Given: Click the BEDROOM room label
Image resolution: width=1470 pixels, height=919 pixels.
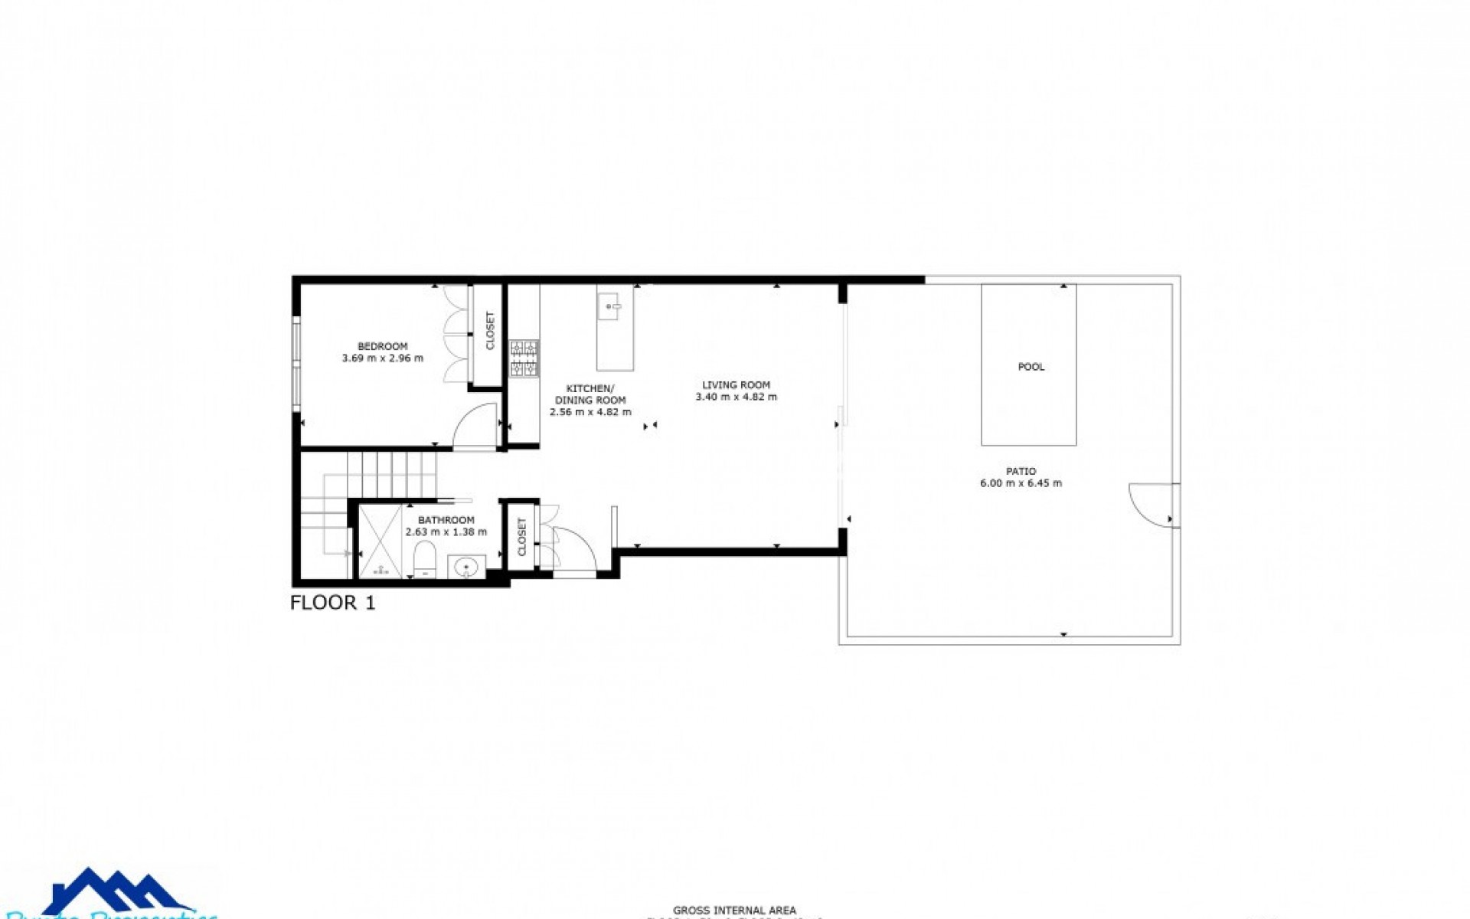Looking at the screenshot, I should pyautogui.click(x=382, y=346).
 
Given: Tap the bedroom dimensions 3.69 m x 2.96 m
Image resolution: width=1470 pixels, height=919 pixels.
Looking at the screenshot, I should pyautogui.click(x=382, y=358).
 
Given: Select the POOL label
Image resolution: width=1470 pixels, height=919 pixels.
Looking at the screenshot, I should pyautogui.click(x=1031, y=367).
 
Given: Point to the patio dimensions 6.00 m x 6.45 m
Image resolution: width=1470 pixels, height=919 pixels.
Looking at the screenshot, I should pyautogui.click(x=1021, y=483).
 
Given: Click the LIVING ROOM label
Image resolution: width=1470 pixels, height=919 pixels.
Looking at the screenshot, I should pyautogui.click(x=736, y=385).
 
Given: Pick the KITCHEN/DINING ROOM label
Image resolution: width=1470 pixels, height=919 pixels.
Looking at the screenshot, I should pyautogui.click(x=590, y=394).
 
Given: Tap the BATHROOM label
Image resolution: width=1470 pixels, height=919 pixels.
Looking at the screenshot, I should pyautogui.click(x=446, y=520).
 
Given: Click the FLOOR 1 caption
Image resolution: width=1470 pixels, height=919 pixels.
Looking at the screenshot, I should pyautogui.click(x=333, y=603).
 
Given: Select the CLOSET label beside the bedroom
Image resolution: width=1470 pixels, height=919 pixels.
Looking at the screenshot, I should pyautogui.click(x=490, y=331).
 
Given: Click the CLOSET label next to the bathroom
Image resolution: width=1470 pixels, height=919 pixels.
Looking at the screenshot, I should pyautogui.click(x=522, y=537).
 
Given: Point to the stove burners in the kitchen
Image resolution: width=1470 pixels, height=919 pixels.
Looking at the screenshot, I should pyautogui.click(x=524, y=358).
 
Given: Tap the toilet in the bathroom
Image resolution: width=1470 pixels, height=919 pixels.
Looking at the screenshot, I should pyautogui.click(x=424, y=557).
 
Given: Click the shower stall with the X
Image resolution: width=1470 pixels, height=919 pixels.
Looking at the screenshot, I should pyautogui.click(x=380, y=541).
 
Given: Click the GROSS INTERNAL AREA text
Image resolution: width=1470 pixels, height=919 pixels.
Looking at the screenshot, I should pyautogui.click(x=734, y=911).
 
